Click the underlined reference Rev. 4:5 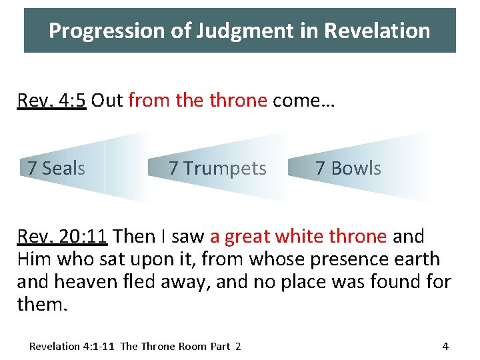click(x=52, y=101)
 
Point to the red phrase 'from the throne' click(x=197, y=101)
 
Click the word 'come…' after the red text click(x=303, y=101)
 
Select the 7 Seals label click(x=57, y=168)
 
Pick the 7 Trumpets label click(x=217, y=169)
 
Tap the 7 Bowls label click(x=348, y=169)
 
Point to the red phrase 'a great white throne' click(x=298, y=237)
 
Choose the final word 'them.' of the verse click(x=41, y=305)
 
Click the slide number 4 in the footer click(x=445, y=346)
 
